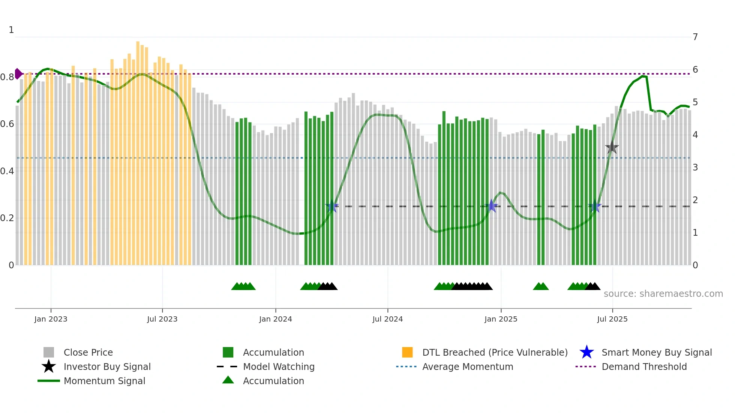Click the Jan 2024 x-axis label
[x=275, y=319]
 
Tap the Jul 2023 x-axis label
[x=162, y=319]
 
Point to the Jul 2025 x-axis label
[x=612, y=319]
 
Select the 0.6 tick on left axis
[x=7, y=124]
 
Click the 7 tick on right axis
[x=695, y=37]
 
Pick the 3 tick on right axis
[x=695, y=168]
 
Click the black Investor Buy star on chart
[x=612, y=148]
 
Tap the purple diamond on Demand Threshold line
[x=18, y=74]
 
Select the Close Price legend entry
[x=88, y=352]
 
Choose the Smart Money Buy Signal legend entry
[x=656, y=352]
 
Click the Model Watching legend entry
[x=279, y=367]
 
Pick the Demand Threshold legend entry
[x=644, y=367]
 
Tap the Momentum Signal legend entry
[x=104, y=381]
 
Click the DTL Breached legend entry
[x=495, y=352]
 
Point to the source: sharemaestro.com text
[x=663, y=294]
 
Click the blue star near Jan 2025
[x=492, y=206]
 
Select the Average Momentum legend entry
[x=467, y=367]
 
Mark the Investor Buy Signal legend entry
[x=107, y=367]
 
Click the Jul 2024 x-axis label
[x=387, y=319]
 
